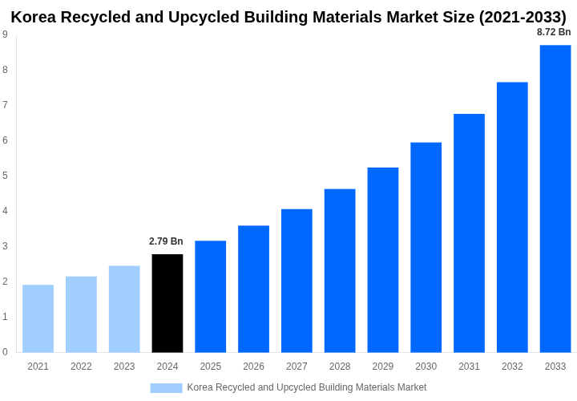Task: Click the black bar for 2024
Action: click(167, 303)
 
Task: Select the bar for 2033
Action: click(555, 199)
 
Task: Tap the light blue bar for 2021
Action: click(38, 318)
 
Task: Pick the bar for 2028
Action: click(340, 270)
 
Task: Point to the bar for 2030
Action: click(426, 247)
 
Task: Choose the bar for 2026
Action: click(253, 289)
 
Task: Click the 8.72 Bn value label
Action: click(554, 32)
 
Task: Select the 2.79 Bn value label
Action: click(166, 241)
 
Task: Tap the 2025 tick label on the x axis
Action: click(210, 367)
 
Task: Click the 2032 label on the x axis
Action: click(512, 367)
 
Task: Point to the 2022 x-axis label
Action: click(81, 367)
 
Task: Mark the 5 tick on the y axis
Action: click(5, 176)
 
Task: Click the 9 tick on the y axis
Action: click(5, 34)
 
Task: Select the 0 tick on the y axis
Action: click(5, 352)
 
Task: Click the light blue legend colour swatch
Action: click(166, 388)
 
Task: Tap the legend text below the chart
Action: click(307, 388)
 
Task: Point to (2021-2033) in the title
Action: click(522, 17)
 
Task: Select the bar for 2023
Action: click(124, 309)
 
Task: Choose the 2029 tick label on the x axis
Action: click(383, 367)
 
